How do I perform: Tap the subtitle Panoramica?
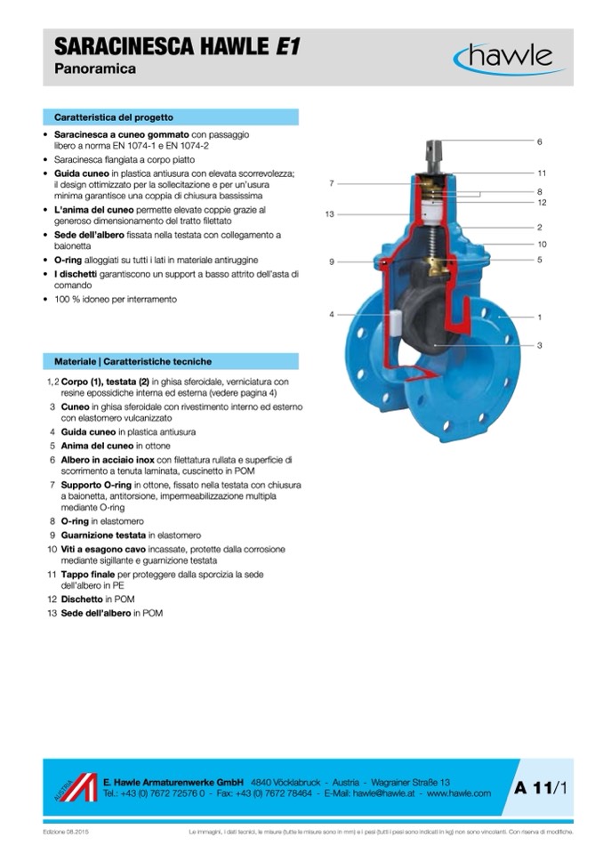pos(95,69)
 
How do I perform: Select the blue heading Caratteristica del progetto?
pos(114,117)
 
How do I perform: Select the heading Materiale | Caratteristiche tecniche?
pos(133,362)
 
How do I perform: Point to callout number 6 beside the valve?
pos(539,141)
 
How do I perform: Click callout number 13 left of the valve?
pos(329,214)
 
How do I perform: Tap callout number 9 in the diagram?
pos(331,262)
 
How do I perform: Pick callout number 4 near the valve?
pos(331,314)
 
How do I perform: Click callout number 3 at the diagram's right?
pos(539,345)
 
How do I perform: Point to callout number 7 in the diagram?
pos(331,183)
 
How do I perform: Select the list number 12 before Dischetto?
pos(52,600)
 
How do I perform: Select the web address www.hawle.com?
pos(459,793)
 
